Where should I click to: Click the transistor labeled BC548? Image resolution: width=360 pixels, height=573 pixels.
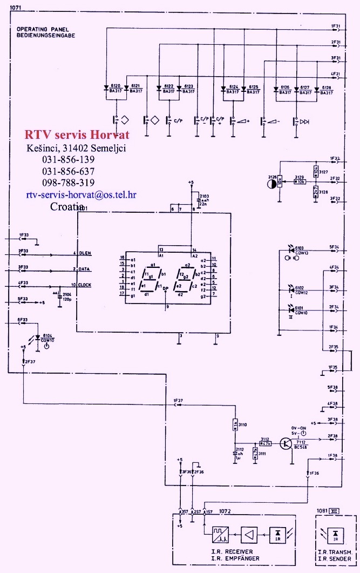[284, 443]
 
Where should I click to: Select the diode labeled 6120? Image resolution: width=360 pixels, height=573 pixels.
[106, 89]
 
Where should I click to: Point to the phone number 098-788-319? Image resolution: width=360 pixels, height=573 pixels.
[68, 183]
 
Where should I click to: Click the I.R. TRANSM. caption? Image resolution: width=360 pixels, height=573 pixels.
[336, 551]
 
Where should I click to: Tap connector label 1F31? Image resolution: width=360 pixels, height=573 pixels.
[335, 25]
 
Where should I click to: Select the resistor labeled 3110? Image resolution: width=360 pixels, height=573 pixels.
[235, 425]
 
